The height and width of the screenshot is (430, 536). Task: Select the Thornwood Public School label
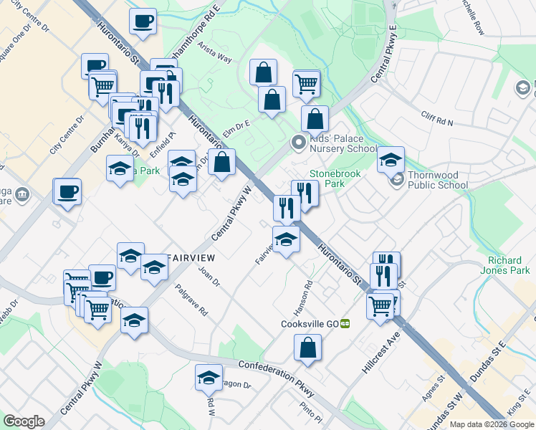[x=438, y=179]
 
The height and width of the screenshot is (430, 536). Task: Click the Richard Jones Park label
[x=509, y=265]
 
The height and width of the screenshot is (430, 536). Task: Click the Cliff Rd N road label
[x=438, y=118]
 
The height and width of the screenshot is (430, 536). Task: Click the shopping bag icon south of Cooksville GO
[x=307, y=348]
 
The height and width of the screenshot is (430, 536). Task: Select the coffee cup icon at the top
[x=143, y=21]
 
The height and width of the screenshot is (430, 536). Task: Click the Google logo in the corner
[x=24, y=422]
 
